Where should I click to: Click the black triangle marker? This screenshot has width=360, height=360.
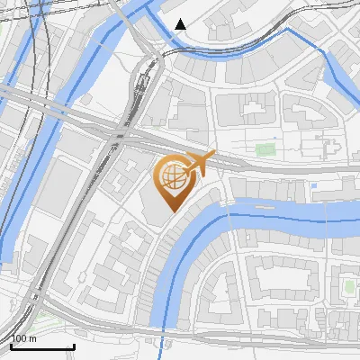pos(181,24)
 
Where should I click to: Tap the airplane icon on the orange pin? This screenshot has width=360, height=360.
pos(200,164)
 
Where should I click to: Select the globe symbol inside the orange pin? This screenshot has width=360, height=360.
pos(173,177)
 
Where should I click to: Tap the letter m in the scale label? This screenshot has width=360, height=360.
pos(33,338)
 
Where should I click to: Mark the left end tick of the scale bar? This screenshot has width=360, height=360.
pos(11,346)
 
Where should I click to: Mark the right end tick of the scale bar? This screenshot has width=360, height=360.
pos(74,346)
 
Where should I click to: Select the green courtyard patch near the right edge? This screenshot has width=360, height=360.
pos(348,287)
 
